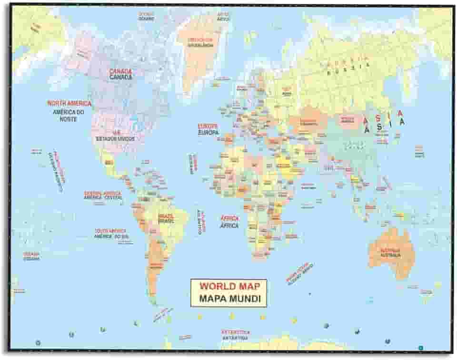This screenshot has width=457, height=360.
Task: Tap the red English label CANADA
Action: pos(120,71)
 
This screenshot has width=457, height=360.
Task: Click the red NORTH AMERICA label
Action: pos(69,103)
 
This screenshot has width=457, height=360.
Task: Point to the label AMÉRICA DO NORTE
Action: pos(68,116)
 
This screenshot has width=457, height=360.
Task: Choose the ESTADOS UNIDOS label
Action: pos(115,139)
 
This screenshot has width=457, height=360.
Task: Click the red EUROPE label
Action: pos(208,126)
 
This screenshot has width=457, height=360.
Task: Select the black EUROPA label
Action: pos(208,133)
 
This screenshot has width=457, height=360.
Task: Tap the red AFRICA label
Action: pos(229,218)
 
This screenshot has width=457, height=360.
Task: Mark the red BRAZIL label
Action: pos(166,216)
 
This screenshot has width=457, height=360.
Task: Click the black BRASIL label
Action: pos(166,221)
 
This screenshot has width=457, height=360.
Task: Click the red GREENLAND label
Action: pos(200,39)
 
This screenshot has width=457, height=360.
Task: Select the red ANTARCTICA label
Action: pos(235,332)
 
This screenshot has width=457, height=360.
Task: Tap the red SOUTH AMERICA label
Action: pos(110,231)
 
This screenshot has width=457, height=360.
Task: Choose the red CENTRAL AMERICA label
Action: pos(103,193)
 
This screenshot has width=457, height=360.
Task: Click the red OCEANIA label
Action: pos(31,253)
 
